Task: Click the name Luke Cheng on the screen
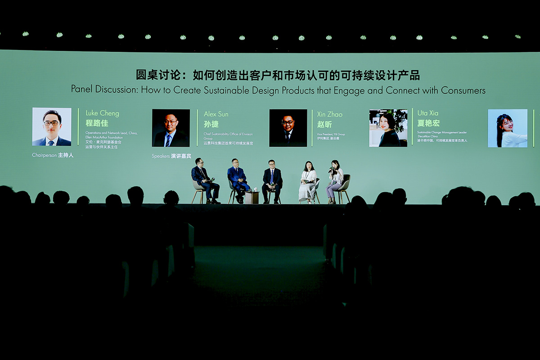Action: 102,113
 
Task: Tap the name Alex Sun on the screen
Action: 216,114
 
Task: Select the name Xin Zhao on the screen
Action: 329,115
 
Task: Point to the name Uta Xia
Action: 427,113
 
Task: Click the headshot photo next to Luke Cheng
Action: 52,126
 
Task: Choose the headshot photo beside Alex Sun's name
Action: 171,128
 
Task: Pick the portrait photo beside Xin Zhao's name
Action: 288,128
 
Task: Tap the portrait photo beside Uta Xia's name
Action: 388,128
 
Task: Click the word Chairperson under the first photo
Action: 44,155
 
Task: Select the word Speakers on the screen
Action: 161,156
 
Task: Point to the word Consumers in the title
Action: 463,90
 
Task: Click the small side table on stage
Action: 252,197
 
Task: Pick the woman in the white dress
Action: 308,182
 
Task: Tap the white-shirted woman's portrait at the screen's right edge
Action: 508,128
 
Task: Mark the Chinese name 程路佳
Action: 97,123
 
